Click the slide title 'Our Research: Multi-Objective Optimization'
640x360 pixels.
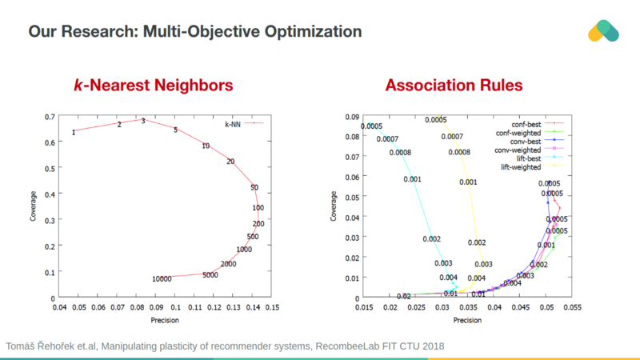coord(195,32)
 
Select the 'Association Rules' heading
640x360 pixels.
coord(454,85)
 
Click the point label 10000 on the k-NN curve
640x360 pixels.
coord(162,279)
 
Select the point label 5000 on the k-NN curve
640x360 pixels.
coord(210,275)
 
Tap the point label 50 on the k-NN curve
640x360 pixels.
coord(254,188)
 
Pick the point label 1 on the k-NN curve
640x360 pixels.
coord(74,131)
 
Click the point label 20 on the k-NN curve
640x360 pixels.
coord(230,162)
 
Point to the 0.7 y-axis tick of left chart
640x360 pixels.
coord(50,117)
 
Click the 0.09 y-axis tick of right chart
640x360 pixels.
coord(353,117)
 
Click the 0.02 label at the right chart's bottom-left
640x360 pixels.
coord(403,297)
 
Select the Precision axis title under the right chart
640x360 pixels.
coord(469,320)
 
